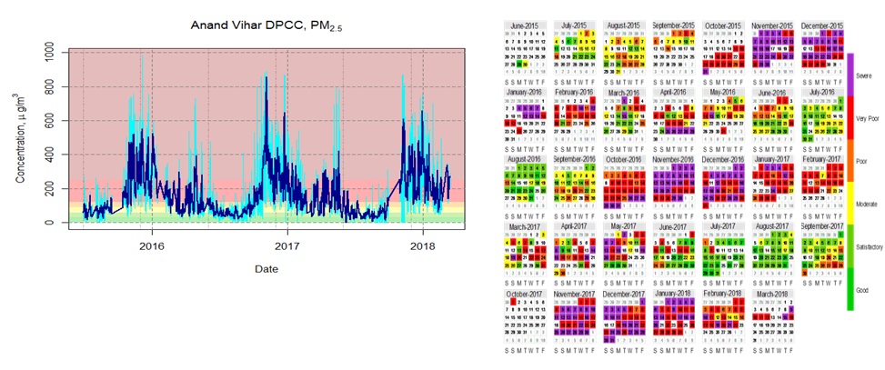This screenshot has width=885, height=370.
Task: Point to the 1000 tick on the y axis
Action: (55, 53)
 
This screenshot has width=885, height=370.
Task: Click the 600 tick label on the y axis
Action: (55, 121)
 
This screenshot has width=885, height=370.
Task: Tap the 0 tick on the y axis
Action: (55, 223)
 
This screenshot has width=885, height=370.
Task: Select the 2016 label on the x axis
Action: (151, 246)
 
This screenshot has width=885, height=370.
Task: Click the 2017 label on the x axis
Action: (287, 246)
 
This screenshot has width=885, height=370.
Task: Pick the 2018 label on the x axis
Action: (422, 246)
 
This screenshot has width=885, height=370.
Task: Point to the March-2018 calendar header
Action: (776, 294)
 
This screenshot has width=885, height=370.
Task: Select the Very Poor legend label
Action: (867, 118)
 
